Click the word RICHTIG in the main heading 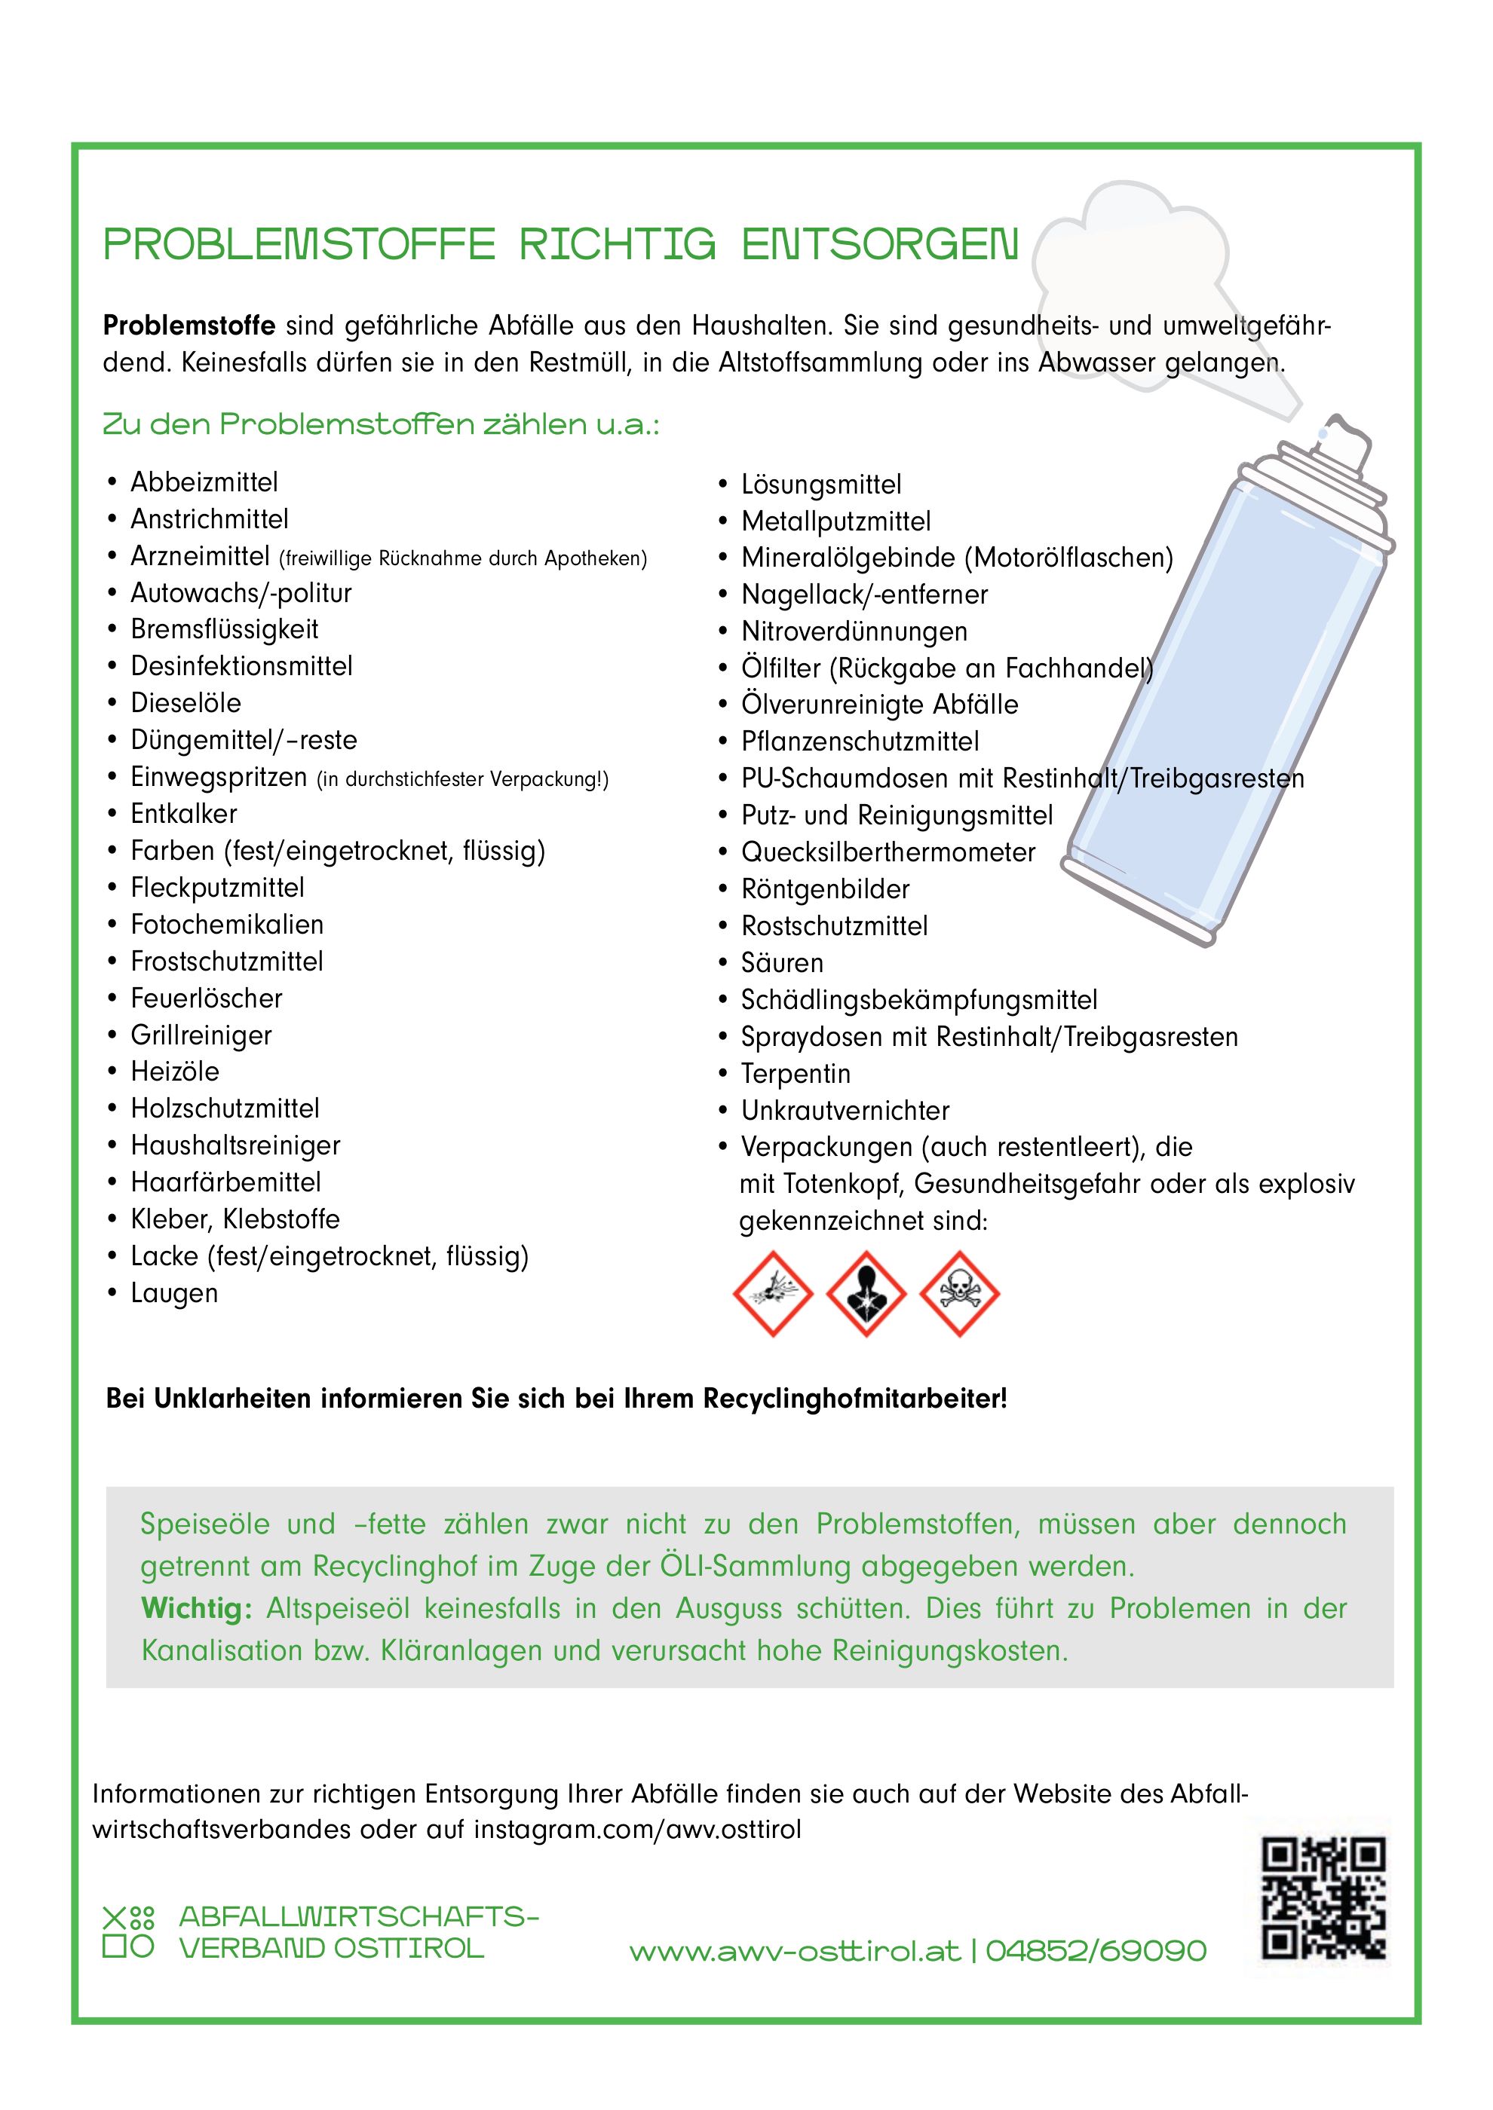click(617, 244)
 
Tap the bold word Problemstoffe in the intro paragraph click(189, 326)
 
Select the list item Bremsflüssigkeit click(224, 629)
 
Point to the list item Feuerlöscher click(206, 998)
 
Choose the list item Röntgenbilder click(825, 888)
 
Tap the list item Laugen click(173, 1293)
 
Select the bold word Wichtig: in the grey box click(196, 1608)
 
